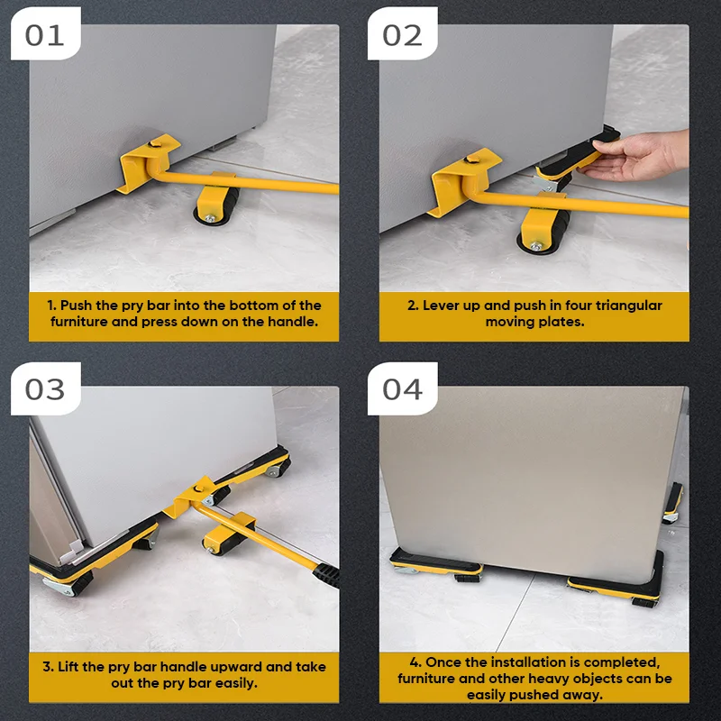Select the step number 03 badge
45,389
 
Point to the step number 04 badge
402,389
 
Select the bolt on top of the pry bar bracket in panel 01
152,144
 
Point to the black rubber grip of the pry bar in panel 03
327,574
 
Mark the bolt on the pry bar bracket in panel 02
470,160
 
